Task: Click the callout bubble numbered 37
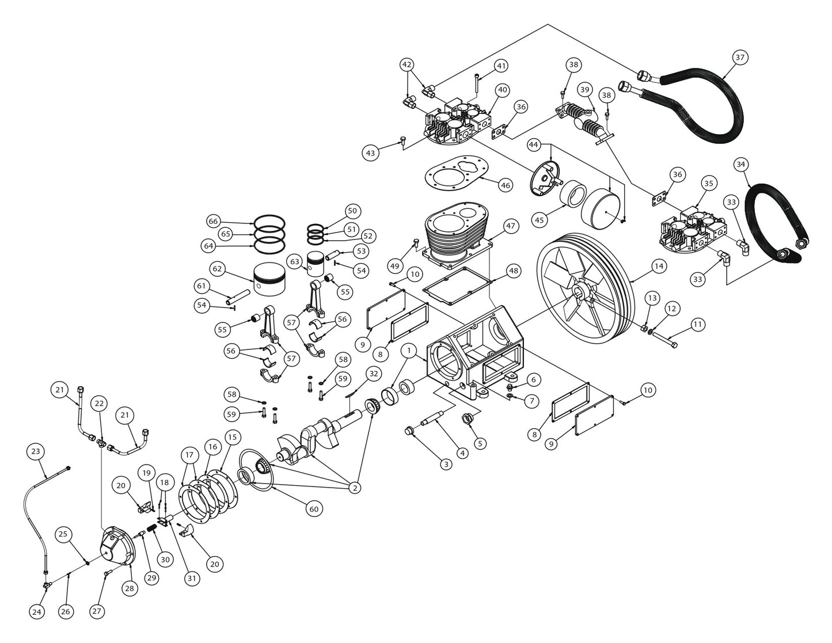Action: (x=740, y=57)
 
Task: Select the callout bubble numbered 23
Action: (x=36, y=452)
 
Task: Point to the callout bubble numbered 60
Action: (x=314, y=508)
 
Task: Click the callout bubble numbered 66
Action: (x=214, y=222)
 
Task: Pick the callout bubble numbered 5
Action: (x=480, y=443)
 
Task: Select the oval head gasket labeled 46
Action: (x=457, y=173)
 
